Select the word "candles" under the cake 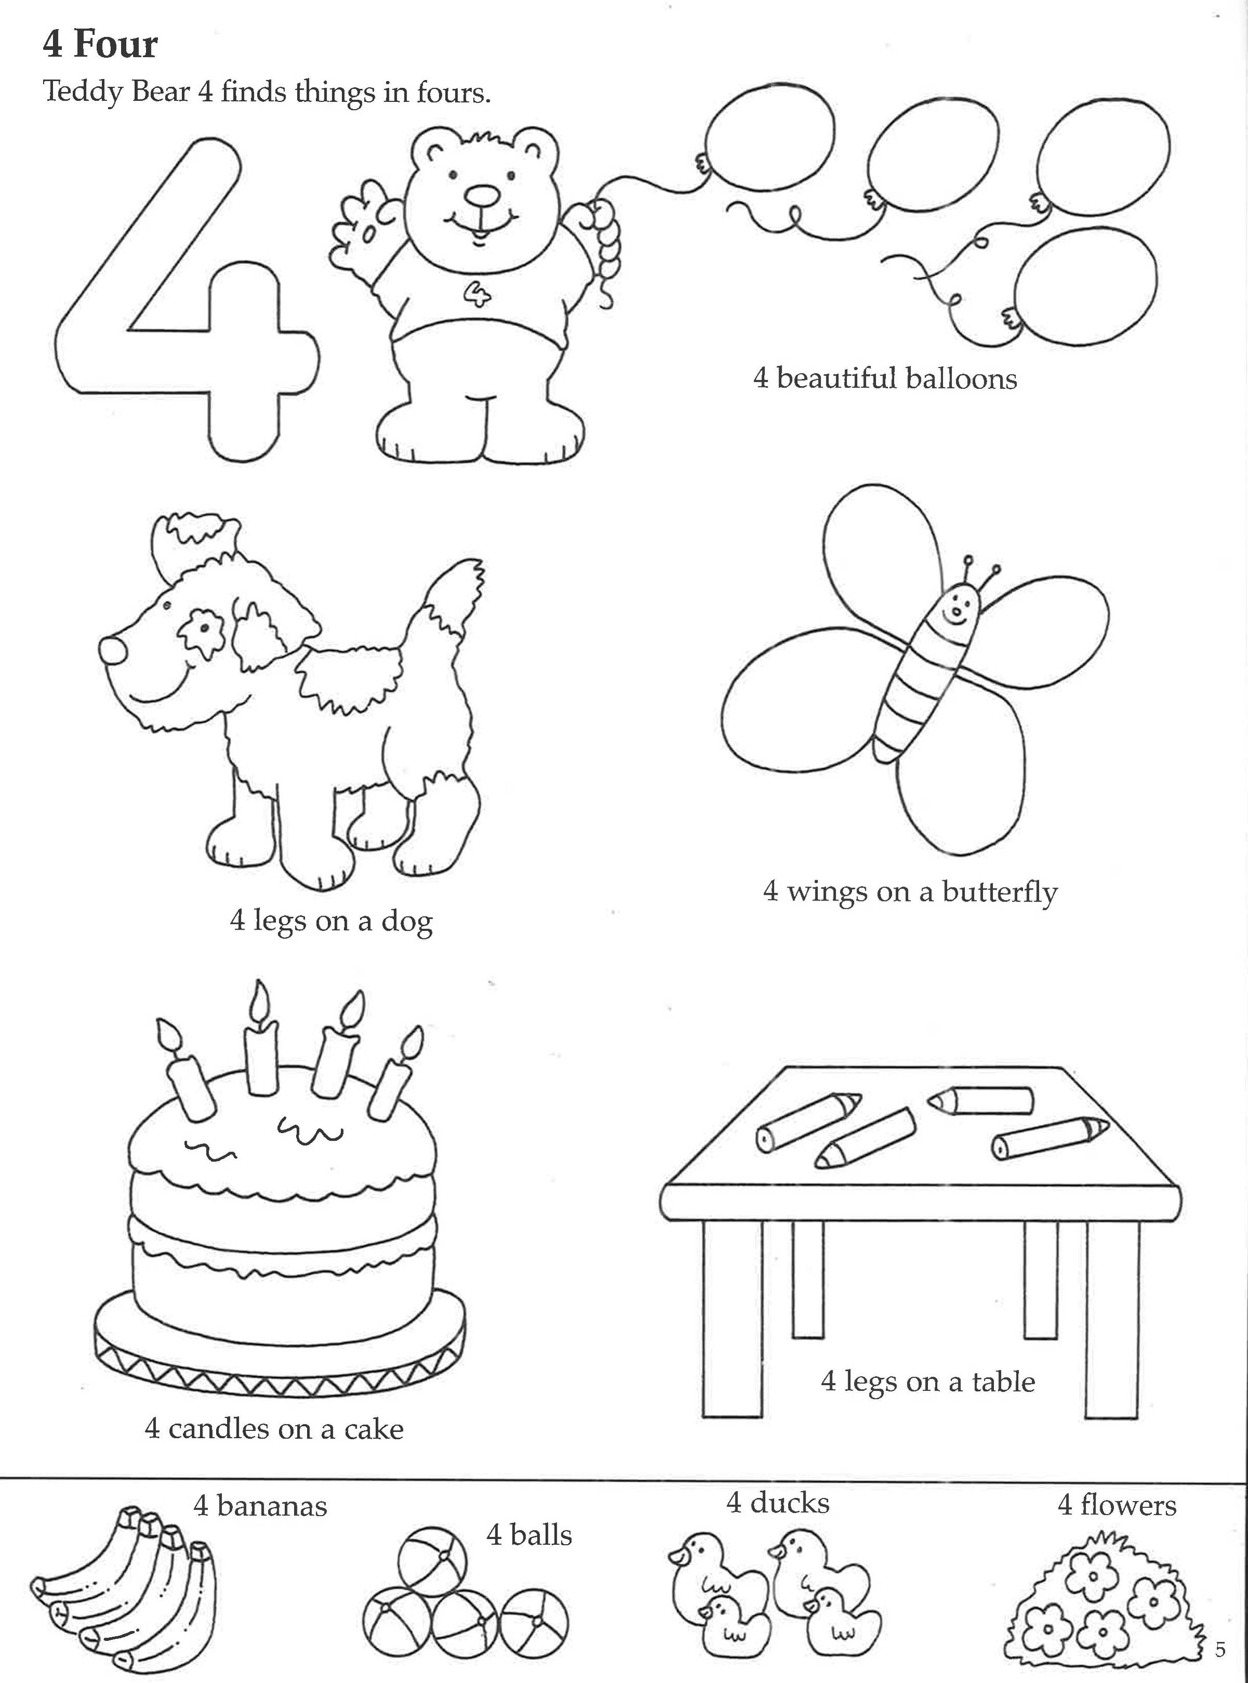tap(218, 1428)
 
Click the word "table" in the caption tap(1003, 1381)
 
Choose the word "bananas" tap(271, 1505)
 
